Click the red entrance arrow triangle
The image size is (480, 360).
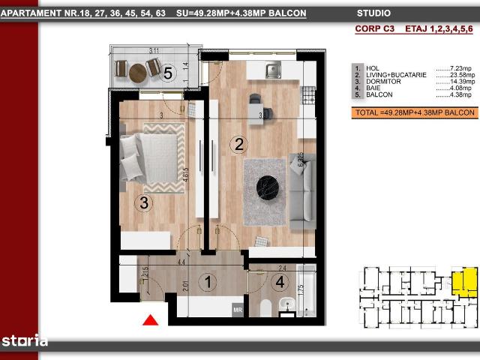coord(151,321)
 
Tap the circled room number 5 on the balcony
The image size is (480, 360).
coord(169,73)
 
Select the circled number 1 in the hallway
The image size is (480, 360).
coord(208,283)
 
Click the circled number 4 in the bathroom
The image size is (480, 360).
coord(279,283)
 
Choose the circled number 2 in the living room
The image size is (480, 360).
coord(238,145)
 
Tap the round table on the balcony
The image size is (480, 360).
coord(139,72)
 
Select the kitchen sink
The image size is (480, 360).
coord(272,71)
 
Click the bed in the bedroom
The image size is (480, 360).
coord(154,157)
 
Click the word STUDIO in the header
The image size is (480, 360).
coord(373,13)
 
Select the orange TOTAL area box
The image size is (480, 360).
coord(415,112)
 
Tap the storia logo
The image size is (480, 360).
coord(24,340)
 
